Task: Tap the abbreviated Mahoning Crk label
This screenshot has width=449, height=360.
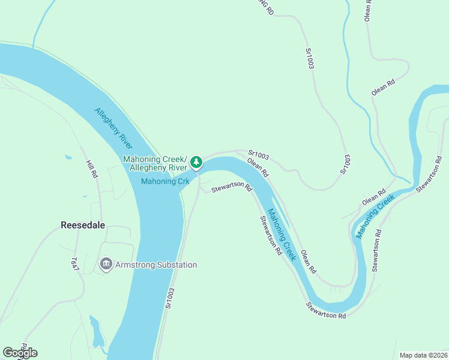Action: coord(165,182)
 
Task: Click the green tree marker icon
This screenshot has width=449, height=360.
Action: coord(196,161)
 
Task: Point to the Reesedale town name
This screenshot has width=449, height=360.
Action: coord(83,225)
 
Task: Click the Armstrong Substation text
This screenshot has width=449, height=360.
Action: coord(157,265)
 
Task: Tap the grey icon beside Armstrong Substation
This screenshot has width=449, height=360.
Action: coord(106,264)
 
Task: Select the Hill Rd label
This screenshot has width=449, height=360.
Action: coord(91,169)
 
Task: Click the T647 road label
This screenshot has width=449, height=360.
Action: coord(75,265)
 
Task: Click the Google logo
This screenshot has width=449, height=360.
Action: coord(20,353)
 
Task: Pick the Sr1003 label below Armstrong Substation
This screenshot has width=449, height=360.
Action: coord(170,298)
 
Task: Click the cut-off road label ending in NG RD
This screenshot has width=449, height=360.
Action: coord(264,7)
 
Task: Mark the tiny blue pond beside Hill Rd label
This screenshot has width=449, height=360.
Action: coord(68,158)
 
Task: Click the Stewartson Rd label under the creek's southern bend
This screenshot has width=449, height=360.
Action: coord(326,311)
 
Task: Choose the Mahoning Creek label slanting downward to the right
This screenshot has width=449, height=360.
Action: coord(282,234)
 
